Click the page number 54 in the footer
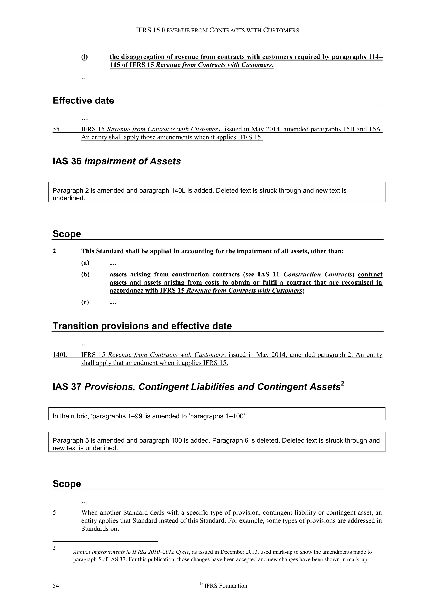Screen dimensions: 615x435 [56, 586]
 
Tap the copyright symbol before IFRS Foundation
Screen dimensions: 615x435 [201, 584]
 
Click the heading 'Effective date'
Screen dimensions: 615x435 [83, 100]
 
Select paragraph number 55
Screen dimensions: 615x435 [56, 129]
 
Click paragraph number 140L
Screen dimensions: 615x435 [60, 355]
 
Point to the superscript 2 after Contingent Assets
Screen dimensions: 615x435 [342, 384]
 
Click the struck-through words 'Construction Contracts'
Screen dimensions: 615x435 [318, 275]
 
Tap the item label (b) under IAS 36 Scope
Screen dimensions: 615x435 [85, 275]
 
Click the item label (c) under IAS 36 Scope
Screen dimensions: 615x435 [85, 302]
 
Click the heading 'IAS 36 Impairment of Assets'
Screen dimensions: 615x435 [117, 161]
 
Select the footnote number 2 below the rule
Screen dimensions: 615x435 [54, 548]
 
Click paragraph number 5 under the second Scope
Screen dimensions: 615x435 [54, 513]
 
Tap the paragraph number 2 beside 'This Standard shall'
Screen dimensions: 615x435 [54, 251]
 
